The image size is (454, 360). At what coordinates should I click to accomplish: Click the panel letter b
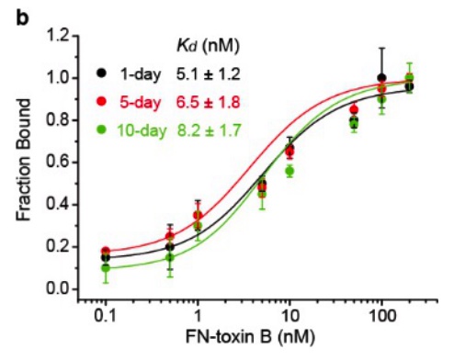[22, 17]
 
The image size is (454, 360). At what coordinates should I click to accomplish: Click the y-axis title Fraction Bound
[24, 160]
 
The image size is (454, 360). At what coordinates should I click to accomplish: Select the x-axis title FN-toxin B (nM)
[250, 337]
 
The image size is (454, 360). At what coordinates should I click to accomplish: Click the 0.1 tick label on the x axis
[106, 316]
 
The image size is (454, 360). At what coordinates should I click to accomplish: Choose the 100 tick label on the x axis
[381, 316]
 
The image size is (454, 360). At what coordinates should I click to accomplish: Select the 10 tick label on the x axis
[289, 316]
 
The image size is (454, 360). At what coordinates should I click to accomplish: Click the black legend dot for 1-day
[101, 73]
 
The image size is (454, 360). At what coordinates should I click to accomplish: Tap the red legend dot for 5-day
[101, 102]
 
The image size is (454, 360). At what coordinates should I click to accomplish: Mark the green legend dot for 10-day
[101, 129]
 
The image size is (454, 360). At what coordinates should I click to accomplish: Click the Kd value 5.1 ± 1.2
[208, 73]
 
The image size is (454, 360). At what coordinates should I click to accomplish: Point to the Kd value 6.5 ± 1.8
[208, 102]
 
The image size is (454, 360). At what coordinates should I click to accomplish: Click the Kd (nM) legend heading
[208, 47]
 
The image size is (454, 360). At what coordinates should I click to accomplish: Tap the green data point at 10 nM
[289, 171]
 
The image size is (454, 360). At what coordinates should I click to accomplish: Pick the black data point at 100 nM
[381, 78]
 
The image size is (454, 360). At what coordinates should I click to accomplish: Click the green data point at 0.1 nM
[106, 268]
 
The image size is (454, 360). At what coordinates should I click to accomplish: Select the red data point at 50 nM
[354, 109]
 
